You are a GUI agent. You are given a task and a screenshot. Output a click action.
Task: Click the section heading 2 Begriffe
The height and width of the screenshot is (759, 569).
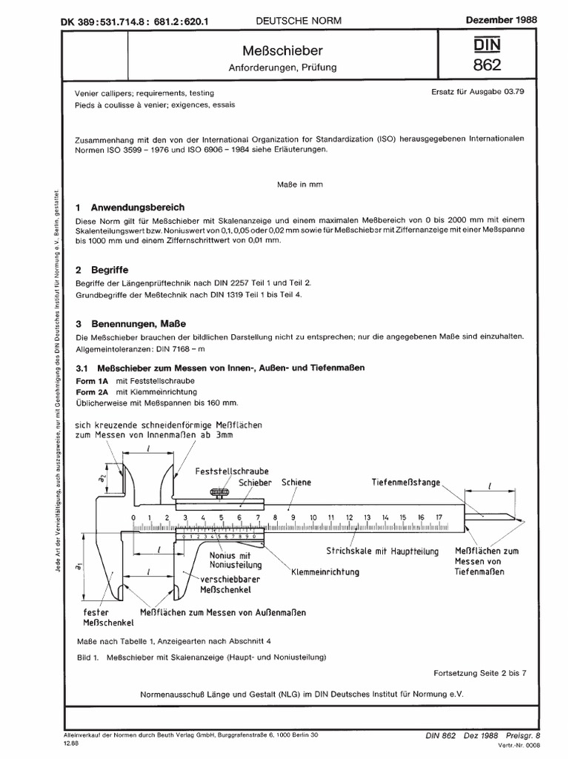coord(102,271)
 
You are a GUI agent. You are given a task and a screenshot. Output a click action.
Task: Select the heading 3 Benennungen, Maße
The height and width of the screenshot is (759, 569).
coord(130,324)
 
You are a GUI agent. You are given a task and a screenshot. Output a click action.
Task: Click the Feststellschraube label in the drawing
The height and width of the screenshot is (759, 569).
coord(232,471)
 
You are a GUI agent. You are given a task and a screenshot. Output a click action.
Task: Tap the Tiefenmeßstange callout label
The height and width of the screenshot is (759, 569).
coord(406,482)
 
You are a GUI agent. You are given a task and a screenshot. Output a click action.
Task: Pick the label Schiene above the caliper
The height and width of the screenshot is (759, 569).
coord(296,482)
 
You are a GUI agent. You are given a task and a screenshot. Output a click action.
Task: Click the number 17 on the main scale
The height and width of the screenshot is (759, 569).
coord(439,517)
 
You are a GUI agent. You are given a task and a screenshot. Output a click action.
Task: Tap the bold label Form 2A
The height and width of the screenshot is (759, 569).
coord(91,391)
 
